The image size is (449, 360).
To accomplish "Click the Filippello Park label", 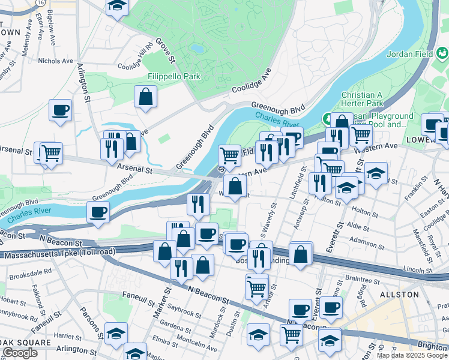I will pyautogui.click(x=174, y=77).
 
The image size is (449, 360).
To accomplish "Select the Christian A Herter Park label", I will pyautogui.click(x=362, y=99).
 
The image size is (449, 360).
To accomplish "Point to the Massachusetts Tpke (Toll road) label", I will pyautogui.click(x=58, y=254).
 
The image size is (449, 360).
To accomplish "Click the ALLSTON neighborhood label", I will pyautogui.click(x=400, y=295).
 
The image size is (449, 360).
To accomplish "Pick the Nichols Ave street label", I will pyautogui.click(x=55, y=61).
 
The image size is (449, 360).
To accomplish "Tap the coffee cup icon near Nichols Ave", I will pyautogui.click(x=61, y=110).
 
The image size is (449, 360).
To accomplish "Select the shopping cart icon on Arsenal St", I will pyautogui.click(x=51, y=152).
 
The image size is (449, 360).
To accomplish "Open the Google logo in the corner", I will pyautogui.click(x=20, y=353).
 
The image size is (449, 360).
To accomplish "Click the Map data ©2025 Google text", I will pyautogui.click(x=412, y=355).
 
